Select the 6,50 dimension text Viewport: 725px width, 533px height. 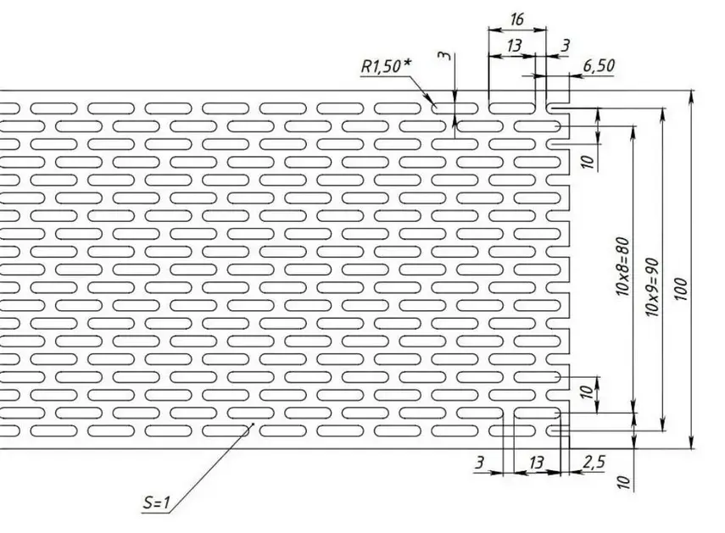[x=599, y=65]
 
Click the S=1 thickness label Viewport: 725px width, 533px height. [x=157, y=504]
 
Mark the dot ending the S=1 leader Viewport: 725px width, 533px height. [x=252, y=425]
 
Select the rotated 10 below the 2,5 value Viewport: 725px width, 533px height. [x=625, y=483]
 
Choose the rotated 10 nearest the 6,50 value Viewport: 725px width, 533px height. [x=586, y=160]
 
